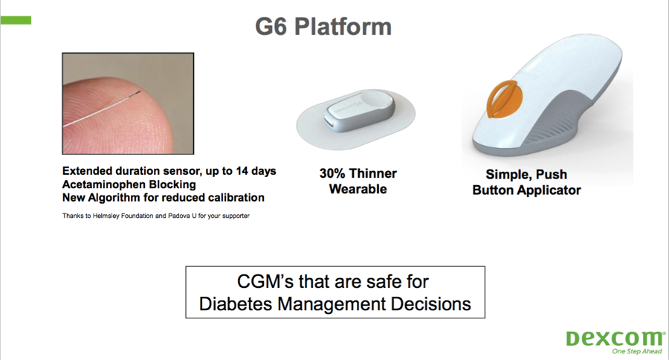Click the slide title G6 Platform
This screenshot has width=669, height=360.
[323, 27]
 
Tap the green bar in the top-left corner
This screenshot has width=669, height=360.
[16, 20]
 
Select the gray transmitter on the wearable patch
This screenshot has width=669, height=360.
[360, 111]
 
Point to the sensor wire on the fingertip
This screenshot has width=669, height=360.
[101, 109]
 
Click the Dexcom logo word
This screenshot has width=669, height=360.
[615, 338]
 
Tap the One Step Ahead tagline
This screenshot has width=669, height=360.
[637, 352]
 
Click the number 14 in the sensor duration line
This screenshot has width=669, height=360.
[242, 171]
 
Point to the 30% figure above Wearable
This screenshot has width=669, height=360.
[332, 173]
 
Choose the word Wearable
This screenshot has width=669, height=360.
[358, 189]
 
